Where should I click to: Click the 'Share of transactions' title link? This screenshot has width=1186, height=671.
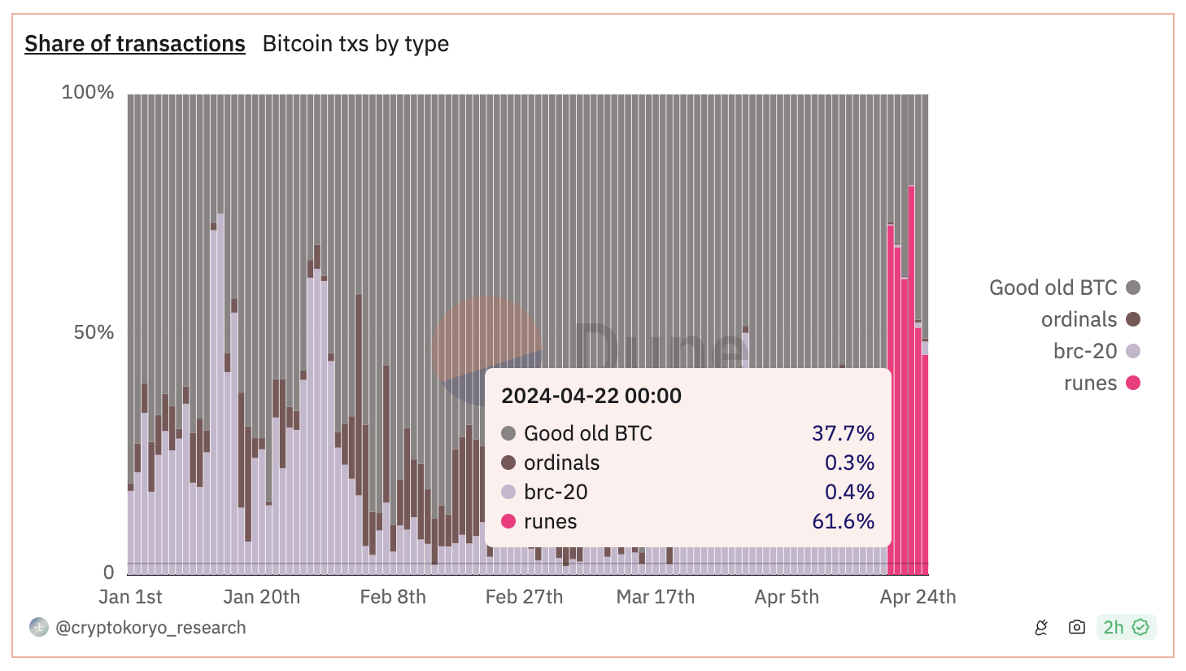135,44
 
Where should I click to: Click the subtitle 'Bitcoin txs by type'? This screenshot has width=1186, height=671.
355,44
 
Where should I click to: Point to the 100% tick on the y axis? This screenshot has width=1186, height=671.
88,92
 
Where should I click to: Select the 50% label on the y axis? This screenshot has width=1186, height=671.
94,332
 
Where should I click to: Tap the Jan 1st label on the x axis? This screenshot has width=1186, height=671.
130,597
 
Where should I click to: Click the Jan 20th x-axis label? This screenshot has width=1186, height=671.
261,597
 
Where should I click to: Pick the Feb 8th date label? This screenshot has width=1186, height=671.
393,597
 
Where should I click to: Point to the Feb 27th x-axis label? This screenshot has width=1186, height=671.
524,597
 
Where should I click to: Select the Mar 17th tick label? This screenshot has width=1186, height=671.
656,597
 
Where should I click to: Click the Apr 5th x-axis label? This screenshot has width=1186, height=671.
787,597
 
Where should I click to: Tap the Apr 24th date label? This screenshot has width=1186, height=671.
918,597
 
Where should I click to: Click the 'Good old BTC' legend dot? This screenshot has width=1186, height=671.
1133,287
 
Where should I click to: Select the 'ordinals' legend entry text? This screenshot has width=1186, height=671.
1079,319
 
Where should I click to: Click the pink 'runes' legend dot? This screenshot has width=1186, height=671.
1133,383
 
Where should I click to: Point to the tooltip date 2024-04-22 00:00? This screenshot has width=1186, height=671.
591,396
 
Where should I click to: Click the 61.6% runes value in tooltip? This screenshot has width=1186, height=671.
843,521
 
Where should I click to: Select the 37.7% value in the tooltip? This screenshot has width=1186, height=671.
843,433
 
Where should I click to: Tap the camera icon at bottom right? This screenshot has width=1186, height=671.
1077,627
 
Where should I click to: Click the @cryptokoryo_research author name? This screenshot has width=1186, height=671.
150,628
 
